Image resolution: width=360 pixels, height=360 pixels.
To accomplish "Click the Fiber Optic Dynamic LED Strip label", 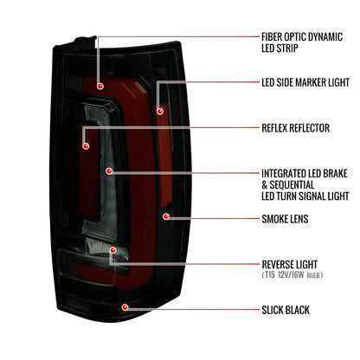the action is (302, 42).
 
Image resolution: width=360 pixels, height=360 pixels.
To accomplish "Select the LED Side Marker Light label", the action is (305, 82).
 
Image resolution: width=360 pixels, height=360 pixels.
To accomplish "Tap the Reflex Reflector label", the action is (295, 128).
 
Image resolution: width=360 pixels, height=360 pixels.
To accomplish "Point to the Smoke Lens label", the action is (285, 219).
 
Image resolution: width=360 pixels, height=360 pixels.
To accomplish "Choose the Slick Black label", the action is (286, 310).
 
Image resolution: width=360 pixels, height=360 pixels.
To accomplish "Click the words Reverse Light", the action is (289, 265).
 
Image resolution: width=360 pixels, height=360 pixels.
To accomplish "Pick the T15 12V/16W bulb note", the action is (292, 275).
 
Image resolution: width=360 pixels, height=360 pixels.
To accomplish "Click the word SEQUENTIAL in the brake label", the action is (292, 185).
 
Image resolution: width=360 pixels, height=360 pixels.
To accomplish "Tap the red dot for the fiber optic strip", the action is (100, 86).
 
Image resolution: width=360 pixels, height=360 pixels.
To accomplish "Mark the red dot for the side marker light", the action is (160, 111).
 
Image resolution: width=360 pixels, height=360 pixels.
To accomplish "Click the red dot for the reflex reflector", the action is (86, 146).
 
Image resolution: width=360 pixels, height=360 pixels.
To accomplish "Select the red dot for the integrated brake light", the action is (109, 171).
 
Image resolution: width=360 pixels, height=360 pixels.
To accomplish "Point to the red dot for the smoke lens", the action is (166, 216).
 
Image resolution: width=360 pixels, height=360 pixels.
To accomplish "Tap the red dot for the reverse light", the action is (112, 250).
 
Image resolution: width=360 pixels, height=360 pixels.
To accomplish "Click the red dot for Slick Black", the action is (125, 307).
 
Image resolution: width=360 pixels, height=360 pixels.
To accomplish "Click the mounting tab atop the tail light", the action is (86, 41).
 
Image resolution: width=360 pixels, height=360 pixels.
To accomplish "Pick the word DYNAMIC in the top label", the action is (325, 37).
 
